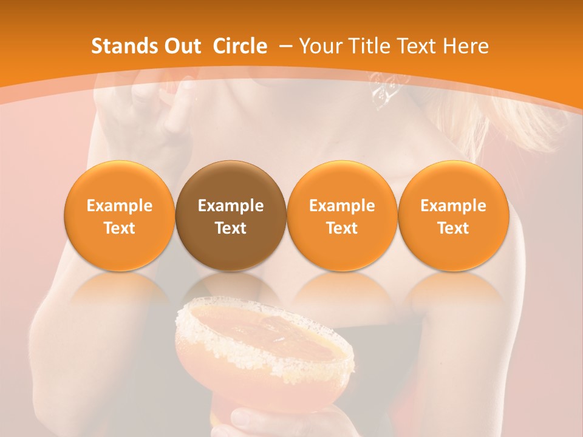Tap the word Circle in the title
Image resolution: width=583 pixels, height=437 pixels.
[240, 46]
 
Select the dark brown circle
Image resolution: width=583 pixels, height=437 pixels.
[230, 215]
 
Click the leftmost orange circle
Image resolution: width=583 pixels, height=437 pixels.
[119, 215]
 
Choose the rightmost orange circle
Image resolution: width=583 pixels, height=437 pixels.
[453, 215]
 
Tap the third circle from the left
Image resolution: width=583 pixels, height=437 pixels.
[342, 215]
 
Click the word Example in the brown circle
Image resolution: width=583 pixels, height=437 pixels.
[231, 206]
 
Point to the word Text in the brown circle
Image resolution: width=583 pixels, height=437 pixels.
[231, 228]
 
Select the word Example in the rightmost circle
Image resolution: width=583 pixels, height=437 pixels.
[453, 206]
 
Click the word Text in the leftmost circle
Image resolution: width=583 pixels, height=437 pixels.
[120, 228]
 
